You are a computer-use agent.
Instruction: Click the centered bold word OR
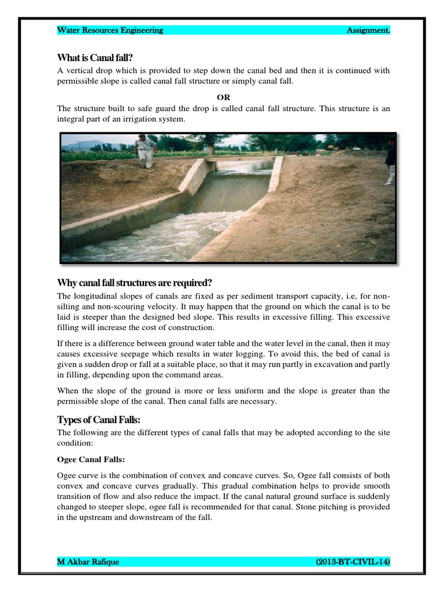pyautogui.click(x=224, y=97)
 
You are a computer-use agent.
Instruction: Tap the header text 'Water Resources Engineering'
pyautogui.click(x=110, y=30)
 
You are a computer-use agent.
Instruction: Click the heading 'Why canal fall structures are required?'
pyautogui.click(x=134, y=283)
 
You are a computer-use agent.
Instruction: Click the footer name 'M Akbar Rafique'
pyautogui.click(x=88, y=561)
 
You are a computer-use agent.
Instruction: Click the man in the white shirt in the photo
pyautogui.click(x=144, y=151)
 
